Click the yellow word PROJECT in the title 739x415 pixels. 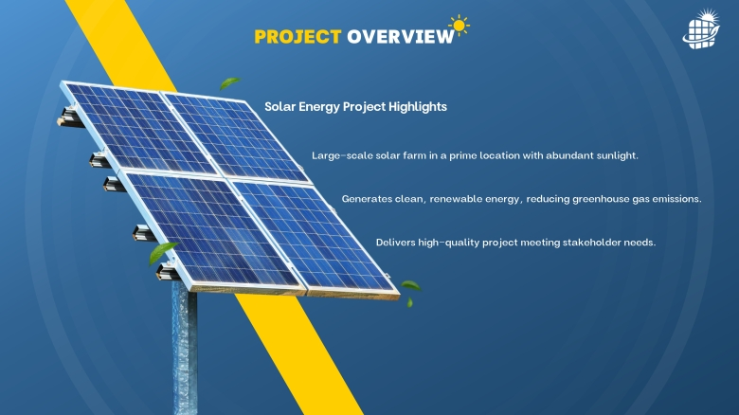[297, 37]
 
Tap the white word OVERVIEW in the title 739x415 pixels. [401, 37]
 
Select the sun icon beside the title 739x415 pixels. [460, 25]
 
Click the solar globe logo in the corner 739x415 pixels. [701, 29]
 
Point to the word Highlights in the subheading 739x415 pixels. [418, 107]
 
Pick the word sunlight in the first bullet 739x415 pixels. [617, 155]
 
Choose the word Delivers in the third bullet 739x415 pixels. [395, 243]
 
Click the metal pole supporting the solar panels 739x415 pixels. [185, 348]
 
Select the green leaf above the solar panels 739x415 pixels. [229, 83]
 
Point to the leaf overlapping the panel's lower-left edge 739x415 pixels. [162, 252]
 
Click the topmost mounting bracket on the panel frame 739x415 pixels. [70, 117]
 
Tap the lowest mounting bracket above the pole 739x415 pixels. [168, 273]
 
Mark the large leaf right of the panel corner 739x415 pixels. [410, 285]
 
